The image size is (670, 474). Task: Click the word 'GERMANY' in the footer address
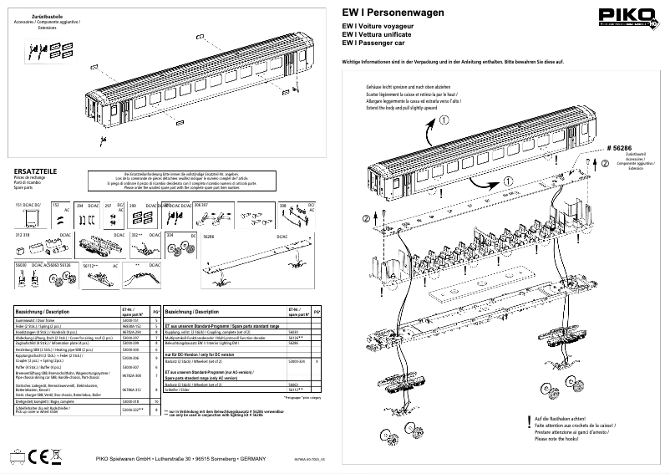tap(253, 458)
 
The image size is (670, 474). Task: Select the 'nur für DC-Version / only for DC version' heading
tap(203, 355)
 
